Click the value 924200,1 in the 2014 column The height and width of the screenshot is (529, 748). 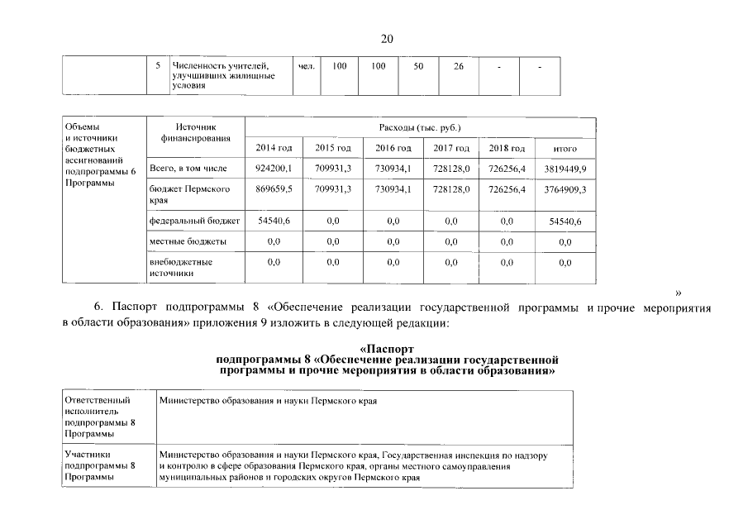(x=274, y=169)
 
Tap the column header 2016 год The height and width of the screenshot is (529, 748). (x=393, y=148)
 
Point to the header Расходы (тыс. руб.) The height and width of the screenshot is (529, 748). (x=420, y=128)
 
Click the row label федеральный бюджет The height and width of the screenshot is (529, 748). (x=194, y=221)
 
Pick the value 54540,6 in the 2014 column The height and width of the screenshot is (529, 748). (x=274, y=221)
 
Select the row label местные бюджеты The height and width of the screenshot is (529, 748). (x=188, y=241)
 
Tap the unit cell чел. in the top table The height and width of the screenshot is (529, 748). (x=305, y=66)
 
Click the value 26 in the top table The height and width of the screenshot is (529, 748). (x=458, y=66)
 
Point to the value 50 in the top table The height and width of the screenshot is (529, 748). (x=417, y=66)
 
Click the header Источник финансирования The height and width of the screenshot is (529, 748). (x=194, y=133)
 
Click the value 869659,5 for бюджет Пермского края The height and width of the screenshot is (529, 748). (x=274, y=189)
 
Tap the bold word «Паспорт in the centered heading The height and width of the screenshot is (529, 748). (x=388, y=350)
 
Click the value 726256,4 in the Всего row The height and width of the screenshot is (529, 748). (x=507, y=169)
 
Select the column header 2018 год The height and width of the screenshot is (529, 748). (x=507, y=148)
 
